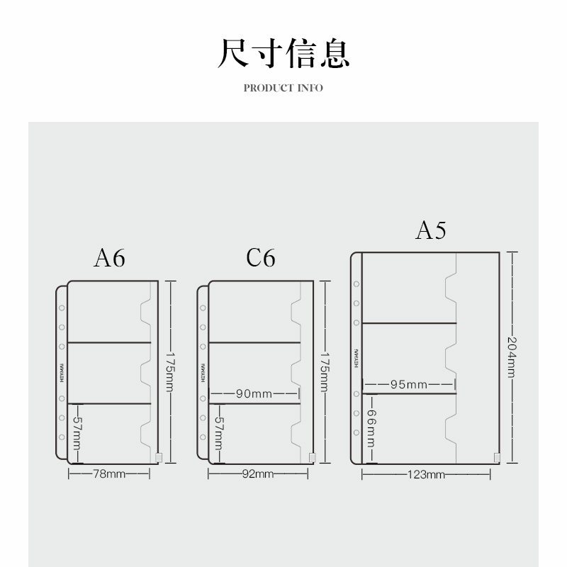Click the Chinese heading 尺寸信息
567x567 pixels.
click(x=283, y=54)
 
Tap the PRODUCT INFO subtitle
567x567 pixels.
click(x=283, y=88)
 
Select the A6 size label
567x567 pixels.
click(x=109, y=258)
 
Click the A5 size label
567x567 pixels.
click(x=431, y=230)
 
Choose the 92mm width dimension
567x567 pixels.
click(x=258, y=473)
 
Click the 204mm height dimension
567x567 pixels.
click(x=512, y=357)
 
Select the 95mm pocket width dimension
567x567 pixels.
click(x=408, y=384)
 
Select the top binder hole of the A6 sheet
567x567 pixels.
click(x=62, y=309)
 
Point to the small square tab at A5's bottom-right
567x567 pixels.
click(x=495, y=457)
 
